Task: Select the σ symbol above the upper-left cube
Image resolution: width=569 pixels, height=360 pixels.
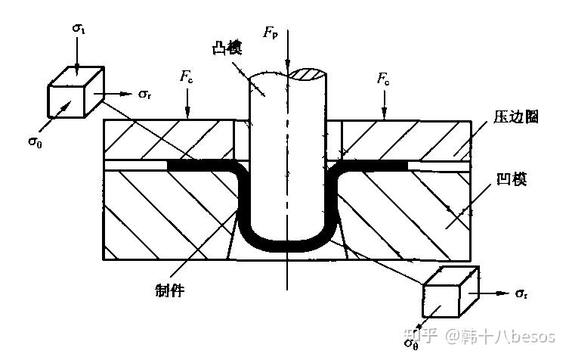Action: click(79, 28)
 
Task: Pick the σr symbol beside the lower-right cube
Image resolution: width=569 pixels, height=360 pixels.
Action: click(521, 293)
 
